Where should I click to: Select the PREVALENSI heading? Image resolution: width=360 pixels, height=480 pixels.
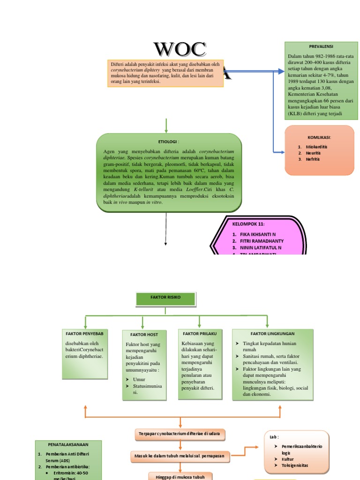tap(321, 47)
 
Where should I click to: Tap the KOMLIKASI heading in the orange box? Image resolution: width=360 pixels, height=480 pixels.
tap(319, 137)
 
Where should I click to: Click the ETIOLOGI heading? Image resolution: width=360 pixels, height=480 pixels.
tap(169, 141)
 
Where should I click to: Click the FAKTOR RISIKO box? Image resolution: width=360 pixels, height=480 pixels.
tap(165, 297)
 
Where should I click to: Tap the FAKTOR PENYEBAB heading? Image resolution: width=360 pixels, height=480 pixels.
tap(84, 333)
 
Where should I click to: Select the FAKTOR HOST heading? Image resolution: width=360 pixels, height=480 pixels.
tap(144, 335)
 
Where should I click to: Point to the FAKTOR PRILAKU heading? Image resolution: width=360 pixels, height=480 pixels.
tap(199, 333)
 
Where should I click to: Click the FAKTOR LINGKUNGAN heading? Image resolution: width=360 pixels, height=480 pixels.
tap(272, 333)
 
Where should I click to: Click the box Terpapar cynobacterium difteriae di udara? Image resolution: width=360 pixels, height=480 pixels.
tap(180, 435)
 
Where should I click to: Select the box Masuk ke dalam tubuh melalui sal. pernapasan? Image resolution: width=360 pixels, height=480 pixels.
tap(180, 456)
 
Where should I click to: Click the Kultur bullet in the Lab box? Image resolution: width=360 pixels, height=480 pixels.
tap(287, 459)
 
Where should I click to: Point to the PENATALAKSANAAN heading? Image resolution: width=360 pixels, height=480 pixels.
tap(68, 444)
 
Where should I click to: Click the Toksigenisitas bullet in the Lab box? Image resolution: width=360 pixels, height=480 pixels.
tap(295, 465)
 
